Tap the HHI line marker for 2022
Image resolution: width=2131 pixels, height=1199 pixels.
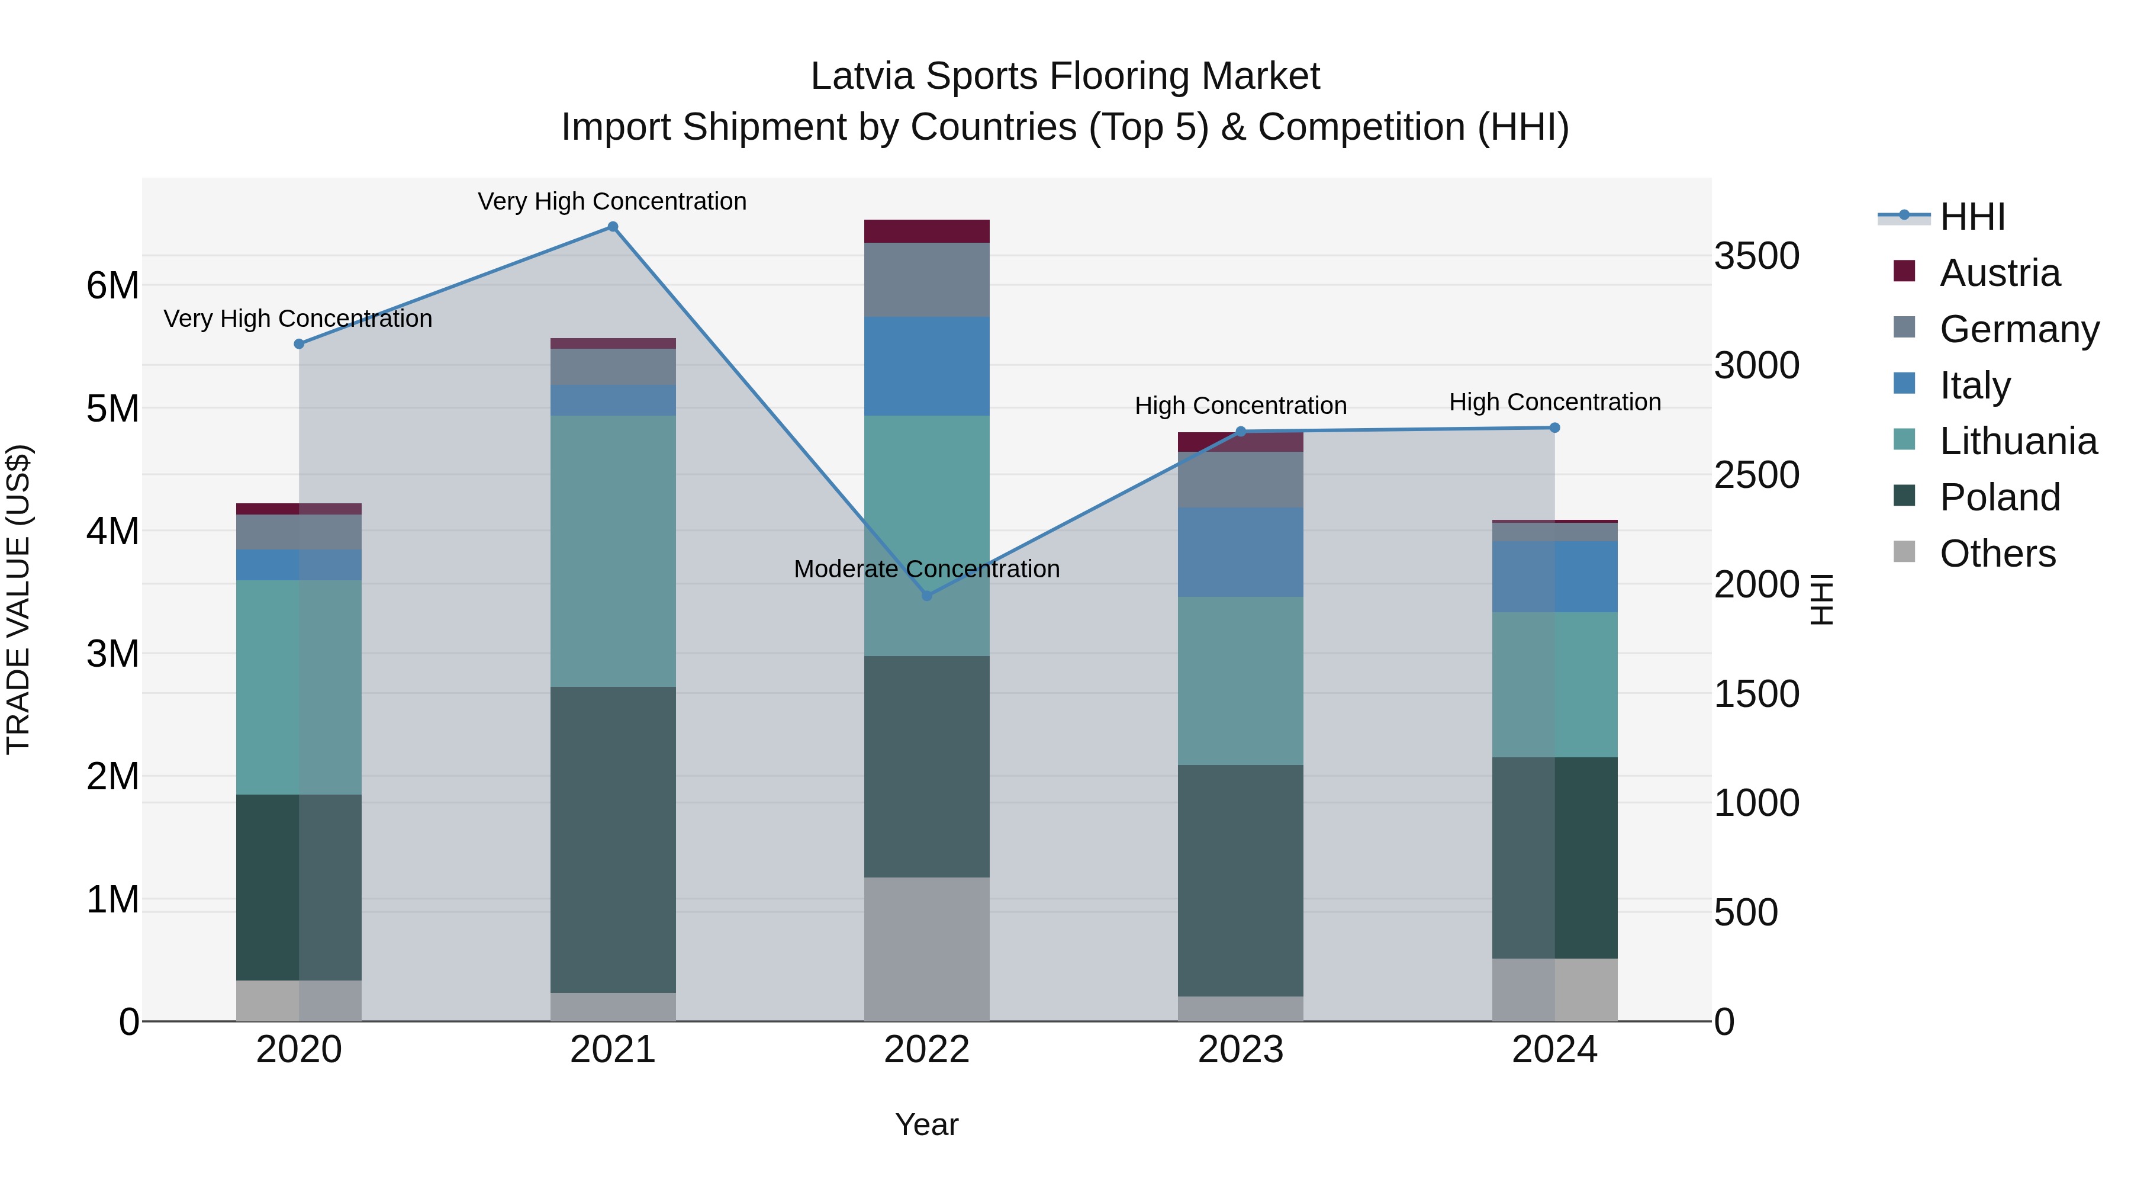(926, 596)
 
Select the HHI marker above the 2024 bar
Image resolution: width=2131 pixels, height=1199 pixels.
(1554, 428)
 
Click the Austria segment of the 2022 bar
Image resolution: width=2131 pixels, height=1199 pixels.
(926, 231)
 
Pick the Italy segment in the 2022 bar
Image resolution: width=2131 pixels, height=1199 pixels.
(926, 366)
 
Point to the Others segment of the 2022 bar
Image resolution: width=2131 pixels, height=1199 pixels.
(926, 949)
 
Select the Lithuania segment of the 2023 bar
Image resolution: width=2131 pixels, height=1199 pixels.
(1240, 680)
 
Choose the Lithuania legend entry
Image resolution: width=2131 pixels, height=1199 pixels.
(2018, 441)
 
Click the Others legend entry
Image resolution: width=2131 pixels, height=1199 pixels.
(1997, 554)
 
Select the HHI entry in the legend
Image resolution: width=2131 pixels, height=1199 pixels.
(1971, 217)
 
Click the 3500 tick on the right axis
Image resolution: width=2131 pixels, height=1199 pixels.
(1756, 256)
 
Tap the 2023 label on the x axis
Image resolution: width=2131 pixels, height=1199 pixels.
(1240, 1050)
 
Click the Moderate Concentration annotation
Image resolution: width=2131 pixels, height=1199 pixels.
(926, 569)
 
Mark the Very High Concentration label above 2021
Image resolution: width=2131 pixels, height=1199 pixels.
(612, 202)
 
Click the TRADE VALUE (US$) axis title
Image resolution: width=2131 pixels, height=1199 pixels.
(18, 599)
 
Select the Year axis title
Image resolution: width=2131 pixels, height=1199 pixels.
(926, 1124)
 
